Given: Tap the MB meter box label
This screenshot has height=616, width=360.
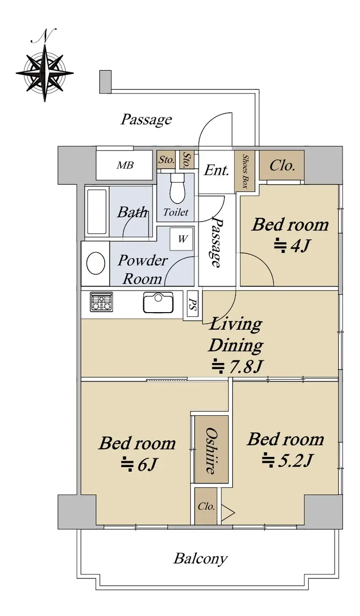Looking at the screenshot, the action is [125, 165].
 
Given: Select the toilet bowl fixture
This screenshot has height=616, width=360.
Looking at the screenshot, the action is [176, 188].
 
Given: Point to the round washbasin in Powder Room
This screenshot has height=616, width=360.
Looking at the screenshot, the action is [96, 263].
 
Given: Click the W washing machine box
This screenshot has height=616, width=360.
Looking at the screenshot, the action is [181, 239].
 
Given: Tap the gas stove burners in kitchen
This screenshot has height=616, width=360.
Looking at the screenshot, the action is [101, 302].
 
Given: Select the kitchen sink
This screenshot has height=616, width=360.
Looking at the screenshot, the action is [158, 302].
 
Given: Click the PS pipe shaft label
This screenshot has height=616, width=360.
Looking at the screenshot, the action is [193, 303].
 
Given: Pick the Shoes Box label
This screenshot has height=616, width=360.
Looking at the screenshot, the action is [245, 171].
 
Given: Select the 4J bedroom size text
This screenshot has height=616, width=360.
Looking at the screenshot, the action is [293, 245].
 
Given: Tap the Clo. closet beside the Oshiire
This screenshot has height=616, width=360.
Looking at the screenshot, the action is [206, 506].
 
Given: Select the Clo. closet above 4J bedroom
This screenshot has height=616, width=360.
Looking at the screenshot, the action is [282, 166].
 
